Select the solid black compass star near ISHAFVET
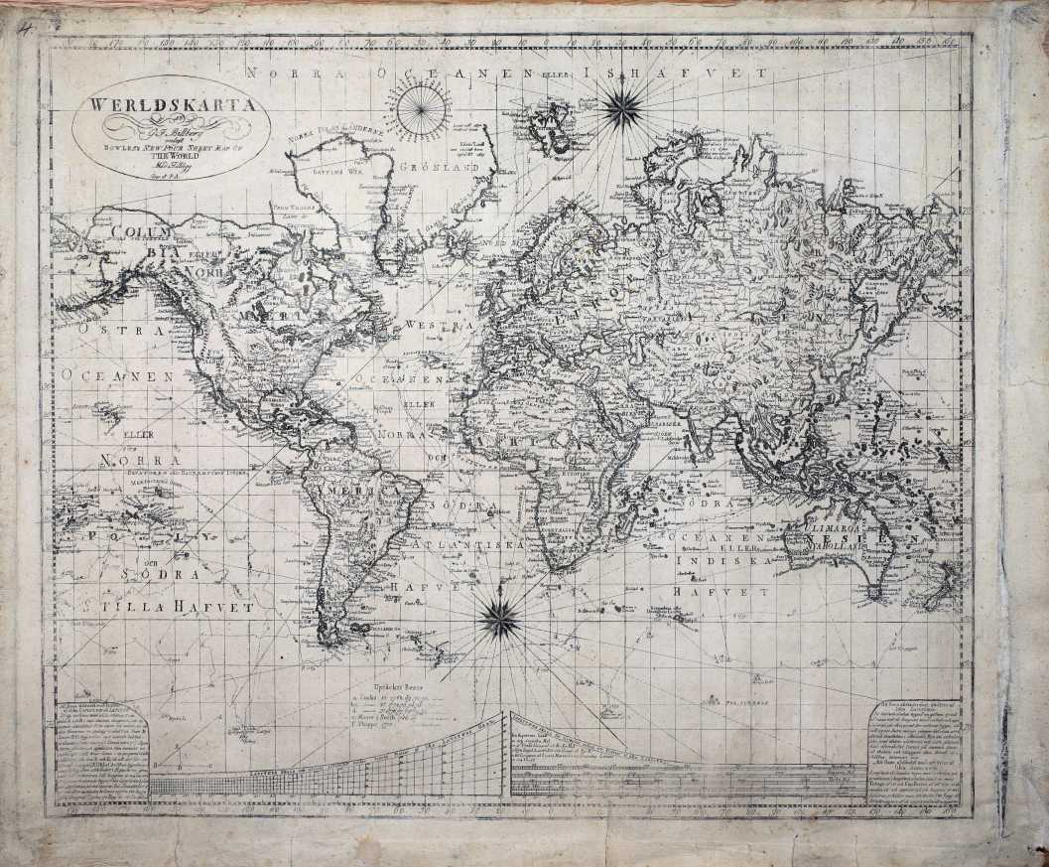pyautogui.click(x=622, y=104)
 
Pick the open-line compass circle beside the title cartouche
pyautogui.click(x=420, y=109)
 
